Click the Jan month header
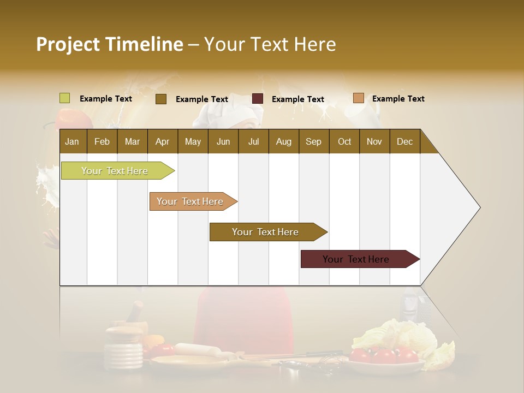click(x=72, y=141)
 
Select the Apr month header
click(x=162, y=141)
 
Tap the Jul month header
click(x=253, y=141)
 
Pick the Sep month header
click(x=313, y=141)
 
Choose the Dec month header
click(x=404, y=141)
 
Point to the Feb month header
click(x=102, y=141)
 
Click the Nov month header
click(x=374, y=141)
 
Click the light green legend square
click(x=65, y=98)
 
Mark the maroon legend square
click(x=258, y=99)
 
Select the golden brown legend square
click(x=161, y=99)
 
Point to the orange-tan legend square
click(x=359, y=98)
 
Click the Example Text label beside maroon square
click(x=297, y=99)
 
